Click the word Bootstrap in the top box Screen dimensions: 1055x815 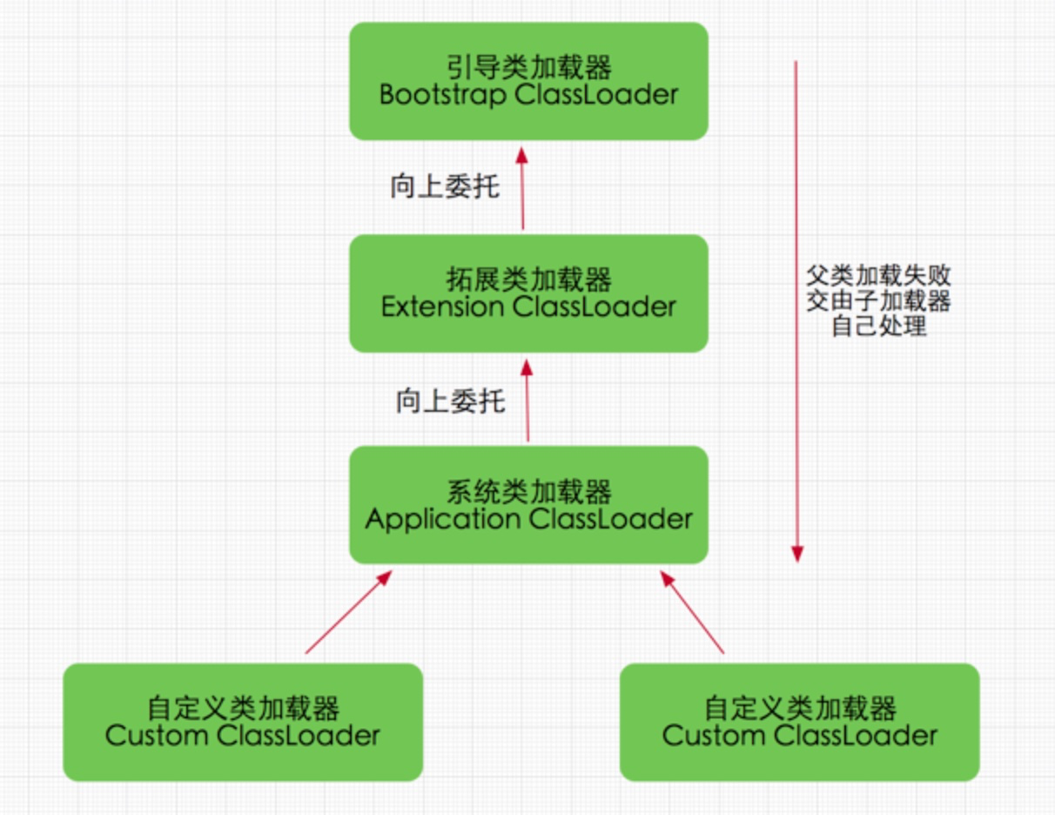coord(443,95)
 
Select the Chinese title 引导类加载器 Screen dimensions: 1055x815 coord(528,67)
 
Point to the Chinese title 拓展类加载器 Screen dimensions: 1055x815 coord(528,280)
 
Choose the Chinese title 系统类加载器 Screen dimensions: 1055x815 coord(528,491)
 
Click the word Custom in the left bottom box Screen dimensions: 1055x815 coord(157,736)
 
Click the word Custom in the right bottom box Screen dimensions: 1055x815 coord(714,736)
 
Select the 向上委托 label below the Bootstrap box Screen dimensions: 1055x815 coord(445,187)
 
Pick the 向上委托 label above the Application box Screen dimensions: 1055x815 coord(451,401)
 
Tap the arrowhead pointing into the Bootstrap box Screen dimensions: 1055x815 coord(521,155)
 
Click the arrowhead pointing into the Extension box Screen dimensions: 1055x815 coord(527,367)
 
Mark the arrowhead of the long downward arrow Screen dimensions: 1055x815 coord(797,554)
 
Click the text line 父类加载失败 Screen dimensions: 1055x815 coord(879,276)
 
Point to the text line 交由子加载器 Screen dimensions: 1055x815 coord(879,300)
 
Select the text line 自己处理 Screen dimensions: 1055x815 coord(879,326)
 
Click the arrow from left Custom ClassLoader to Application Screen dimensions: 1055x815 coord(348,612)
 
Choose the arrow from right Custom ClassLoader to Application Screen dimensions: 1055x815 coord(692,612)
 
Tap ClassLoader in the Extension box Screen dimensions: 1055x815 coord(594,306)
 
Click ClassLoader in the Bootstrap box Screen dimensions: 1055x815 coord(596,95)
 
